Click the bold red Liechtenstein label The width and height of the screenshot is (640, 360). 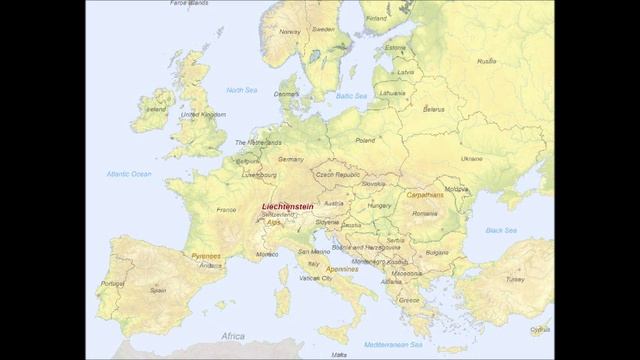(x=287, y=207)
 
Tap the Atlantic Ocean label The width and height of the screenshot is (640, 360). (x=129, y=174)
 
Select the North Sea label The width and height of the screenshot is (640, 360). (x=242, y=90)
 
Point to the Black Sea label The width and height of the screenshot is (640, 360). (x=501, y=230)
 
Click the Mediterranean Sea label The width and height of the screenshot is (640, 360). (x=392, y=344)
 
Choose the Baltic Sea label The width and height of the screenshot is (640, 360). (x=351, y=96)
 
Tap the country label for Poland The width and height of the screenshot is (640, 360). (x=365, y=141)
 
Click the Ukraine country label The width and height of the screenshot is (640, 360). (x=471, y=158)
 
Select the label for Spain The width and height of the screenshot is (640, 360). (x=158, y=290)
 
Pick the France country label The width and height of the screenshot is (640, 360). (x=226, y=210)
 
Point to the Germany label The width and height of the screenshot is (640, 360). (x=291, y=159)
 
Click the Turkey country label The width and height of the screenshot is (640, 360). (x=514, y=279)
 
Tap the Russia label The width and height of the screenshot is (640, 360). (x=486, y=61)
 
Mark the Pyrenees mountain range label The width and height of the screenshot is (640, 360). (x=206, y=256)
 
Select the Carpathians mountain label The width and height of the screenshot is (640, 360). (x=425, y=195)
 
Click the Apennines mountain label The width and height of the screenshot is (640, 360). (x=342, y=269)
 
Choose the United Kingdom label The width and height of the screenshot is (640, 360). (x=202, y=115)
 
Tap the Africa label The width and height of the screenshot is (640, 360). (x=233, y=336)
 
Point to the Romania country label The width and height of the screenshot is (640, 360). (x=424, y=213)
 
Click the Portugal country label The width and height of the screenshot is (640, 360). (x=113, y=283)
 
